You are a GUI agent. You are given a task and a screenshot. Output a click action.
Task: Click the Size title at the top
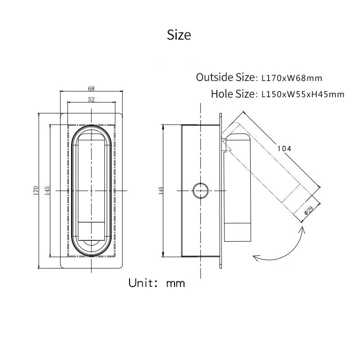click(179, 35)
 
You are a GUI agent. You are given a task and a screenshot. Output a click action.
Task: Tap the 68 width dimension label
click(91, 88)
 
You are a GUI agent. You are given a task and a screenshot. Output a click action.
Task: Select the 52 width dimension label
click(91, 99)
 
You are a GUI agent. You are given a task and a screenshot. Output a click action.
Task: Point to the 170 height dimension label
click(36, 190)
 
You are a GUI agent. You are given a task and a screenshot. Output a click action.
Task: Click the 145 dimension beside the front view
click(47, 190)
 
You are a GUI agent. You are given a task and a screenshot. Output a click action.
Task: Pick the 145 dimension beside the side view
click(161, 190)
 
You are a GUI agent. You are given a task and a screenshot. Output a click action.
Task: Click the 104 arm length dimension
click(284, 149)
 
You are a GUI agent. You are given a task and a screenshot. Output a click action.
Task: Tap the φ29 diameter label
click(309, 210)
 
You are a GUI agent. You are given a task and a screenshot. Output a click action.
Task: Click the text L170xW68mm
click(292, 78)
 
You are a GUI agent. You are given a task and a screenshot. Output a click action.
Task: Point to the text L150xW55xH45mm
click(303, 94)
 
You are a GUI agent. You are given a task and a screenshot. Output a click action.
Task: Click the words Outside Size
click(225, 77)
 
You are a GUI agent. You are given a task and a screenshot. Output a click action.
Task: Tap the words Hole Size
click(233, 94)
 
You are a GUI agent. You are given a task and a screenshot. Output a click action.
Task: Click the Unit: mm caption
click(157, 283)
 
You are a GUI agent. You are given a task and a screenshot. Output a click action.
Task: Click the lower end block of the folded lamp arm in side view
click(238, 232)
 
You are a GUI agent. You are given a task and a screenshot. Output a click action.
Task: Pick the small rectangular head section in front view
click(91, 231)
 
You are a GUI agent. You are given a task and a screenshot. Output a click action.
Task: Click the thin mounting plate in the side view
click(220, 190)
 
